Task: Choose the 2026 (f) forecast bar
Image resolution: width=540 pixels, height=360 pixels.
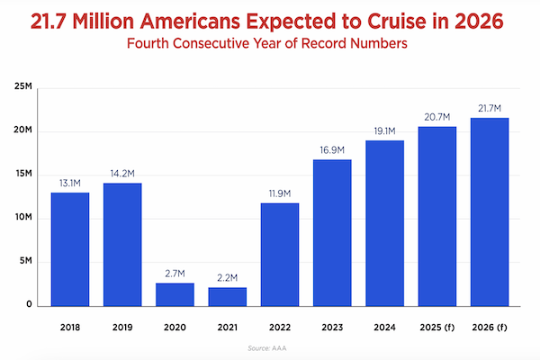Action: (x=490, y=211)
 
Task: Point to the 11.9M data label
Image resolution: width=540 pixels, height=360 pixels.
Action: (x=280, y=195)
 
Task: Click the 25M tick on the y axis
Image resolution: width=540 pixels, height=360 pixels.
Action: (x=22, y=88)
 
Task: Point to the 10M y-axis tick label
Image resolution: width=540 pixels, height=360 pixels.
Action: (x=22, y=219)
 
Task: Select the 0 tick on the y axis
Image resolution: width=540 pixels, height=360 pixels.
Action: (x=29, y=305)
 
